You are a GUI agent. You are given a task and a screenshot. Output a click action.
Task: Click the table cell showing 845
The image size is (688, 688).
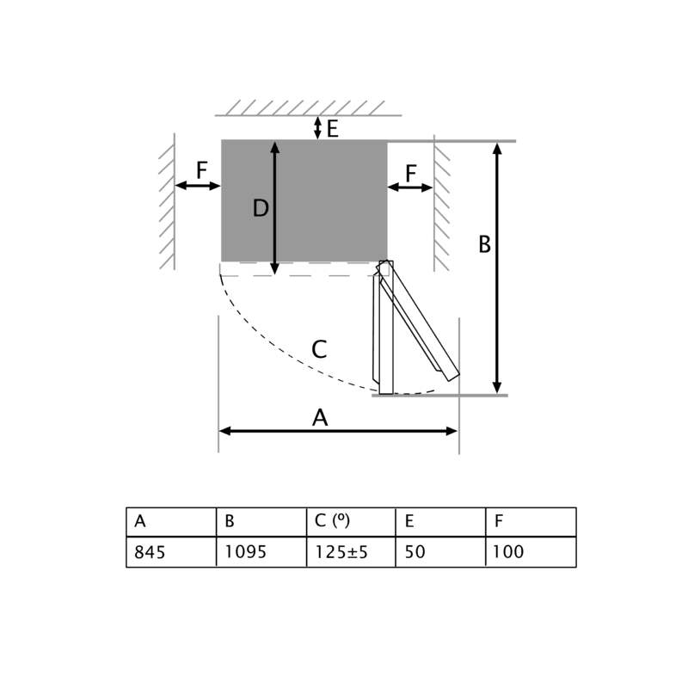coord(171,552)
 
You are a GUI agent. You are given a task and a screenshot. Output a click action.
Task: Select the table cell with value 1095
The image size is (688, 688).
coord(261,552)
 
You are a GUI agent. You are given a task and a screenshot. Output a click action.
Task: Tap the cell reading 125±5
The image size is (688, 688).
coord(351,552)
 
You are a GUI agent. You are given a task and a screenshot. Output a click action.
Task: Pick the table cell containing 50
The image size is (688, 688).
coord(440,552)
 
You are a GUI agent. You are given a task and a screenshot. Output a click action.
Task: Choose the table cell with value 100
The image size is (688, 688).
coord(531,552)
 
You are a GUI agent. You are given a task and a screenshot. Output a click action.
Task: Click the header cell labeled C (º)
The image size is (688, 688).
coord(351,522)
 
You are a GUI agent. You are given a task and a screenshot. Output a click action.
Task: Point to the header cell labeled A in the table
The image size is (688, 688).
coord(171,522)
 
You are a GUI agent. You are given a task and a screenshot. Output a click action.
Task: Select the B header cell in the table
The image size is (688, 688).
coord(261,522)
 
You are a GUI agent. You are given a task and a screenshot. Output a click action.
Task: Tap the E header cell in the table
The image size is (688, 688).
coord(440,522)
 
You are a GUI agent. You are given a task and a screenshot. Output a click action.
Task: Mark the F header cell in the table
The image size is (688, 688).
coord(531,522)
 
